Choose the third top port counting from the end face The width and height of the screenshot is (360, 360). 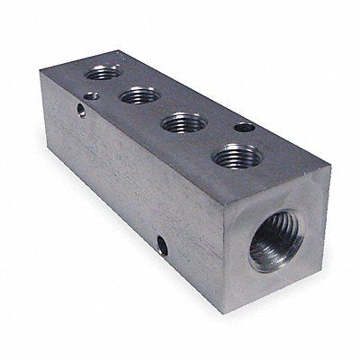point(139,94)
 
